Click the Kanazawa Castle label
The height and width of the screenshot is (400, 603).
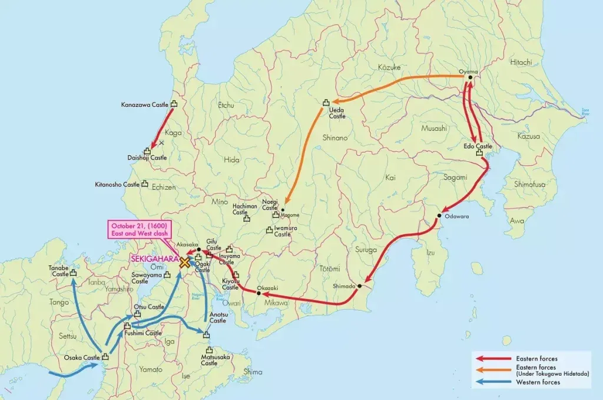coord(144,105)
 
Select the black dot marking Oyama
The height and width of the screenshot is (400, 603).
coord(469,77)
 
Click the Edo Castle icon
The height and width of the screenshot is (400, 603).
coord(479,153)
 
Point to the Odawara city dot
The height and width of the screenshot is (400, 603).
coord(439,216)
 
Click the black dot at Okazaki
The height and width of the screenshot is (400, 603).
coord(259,293)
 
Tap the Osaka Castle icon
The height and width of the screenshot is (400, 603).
coord(105,356)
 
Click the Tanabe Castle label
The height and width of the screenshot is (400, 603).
coord(59,271)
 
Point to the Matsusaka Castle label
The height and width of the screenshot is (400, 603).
coord(209,360)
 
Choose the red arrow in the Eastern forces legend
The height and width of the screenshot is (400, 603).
coord(493,359)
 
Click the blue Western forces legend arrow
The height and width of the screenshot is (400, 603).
coord(493,382)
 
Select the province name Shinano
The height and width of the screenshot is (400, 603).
coord(335,137)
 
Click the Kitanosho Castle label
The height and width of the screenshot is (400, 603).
coord(117,185)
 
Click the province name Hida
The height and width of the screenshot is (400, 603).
coord(233,160)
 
